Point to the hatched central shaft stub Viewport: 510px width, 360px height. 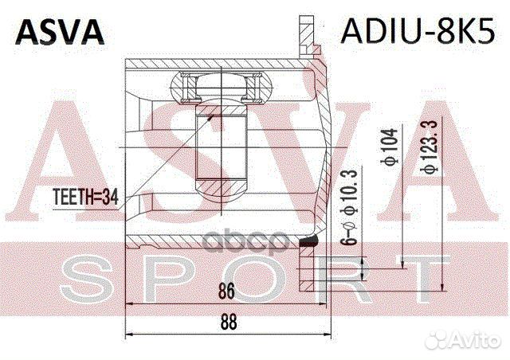tap(222, 151)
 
